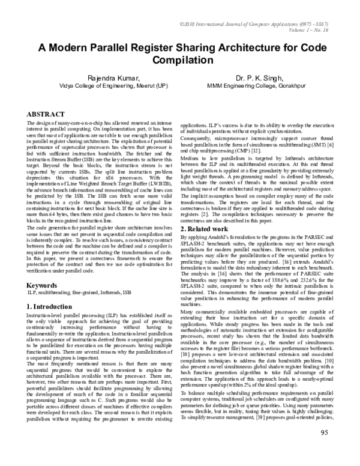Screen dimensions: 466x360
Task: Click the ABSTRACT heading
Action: pos(46,113)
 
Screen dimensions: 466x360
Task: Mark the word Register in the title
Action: pos(158,49)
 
